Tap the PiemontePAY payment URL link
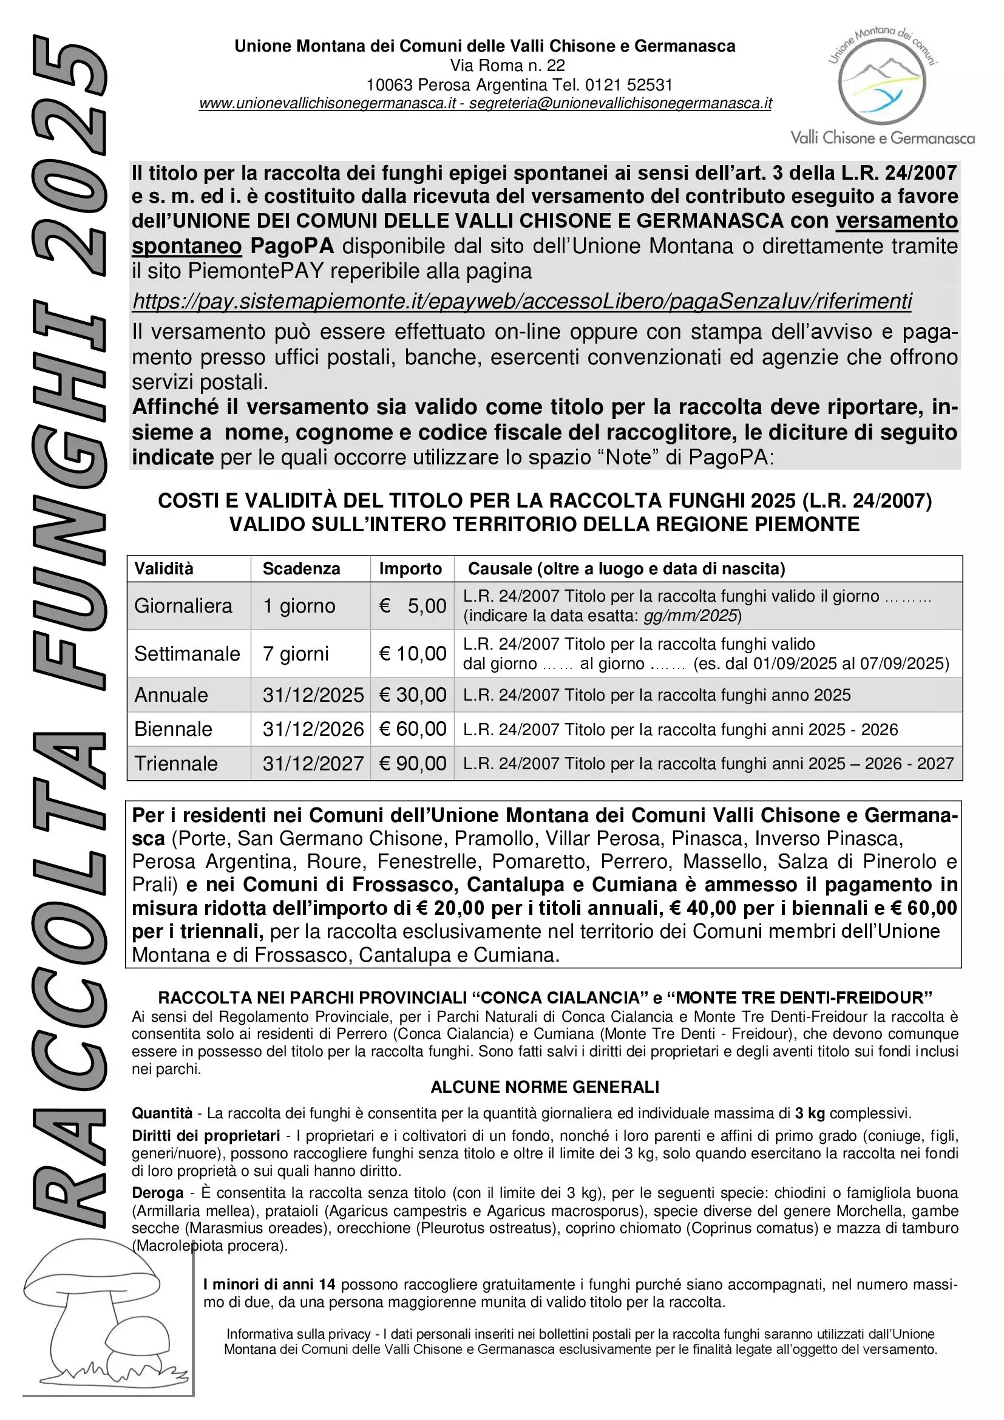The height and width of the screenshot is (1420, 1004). click(522, 301)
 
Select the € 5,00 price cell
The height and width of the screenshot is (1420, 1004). click(412, 605)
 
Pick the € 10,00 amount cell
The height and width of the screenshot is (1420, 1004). click(412, 653)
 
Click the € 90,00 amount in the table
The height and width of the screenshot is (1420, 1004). click(412, 763)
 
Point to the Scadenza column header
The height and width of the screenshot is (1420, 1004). click(301, 568)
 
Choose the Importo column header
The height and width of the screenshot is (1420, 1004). click(410, 568)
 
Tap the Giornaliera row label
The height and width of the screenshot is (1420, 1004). click(183, 605)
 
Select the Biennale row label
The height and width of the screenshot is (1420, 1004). click(173, 729)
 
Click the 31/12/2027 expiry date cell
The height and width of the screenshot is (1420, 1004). click(313, 763)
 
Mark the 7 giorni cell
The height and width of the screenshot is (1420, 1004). click(296, 653)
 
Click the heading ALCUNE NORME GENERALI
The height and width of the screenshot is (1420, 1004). click(544, 1087)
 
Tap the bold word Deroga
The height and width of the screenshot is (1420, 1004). click(158, 1192)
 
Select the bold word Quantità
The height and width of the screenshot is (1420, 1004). click(162, 1113)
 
